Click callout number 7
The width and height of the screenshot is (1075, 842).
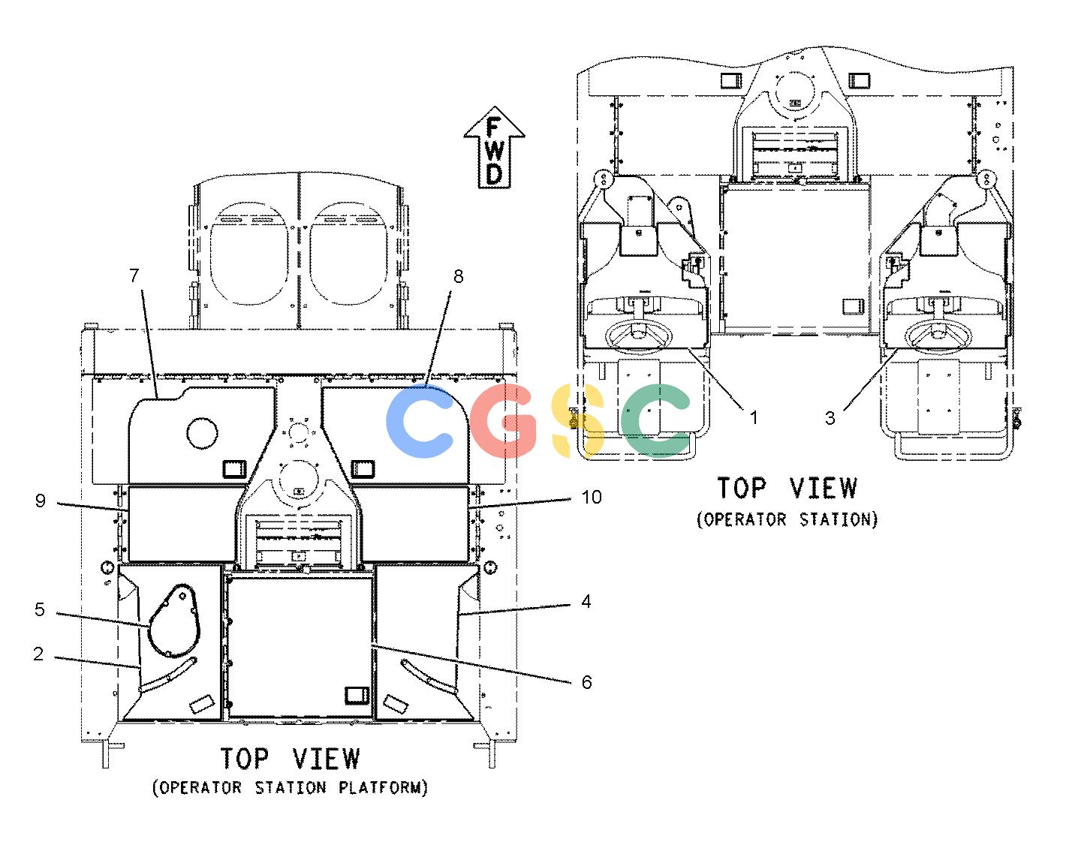(x=134, y=275)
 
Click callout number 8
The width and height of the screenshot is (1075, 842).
(x=459, y=276)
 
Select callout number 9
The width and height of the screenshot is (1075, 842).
(x=41, y=501)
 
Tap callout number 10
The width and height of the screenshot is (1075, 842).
(x=592, y=497)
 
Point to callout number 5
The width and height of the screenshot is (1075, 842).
(x=40, y=609)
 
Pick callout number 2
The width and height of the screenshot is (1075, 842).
(x=38, y=654)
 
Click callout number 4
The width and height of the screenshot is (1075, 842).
(x=586, y=601)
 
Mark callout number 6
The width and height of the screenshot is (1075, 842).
(x=587, y=682)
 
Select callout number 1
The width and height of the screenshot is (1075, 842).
(x=754, y=418)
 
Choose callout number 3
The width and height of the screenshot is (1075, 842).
(x=830, y=418)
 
